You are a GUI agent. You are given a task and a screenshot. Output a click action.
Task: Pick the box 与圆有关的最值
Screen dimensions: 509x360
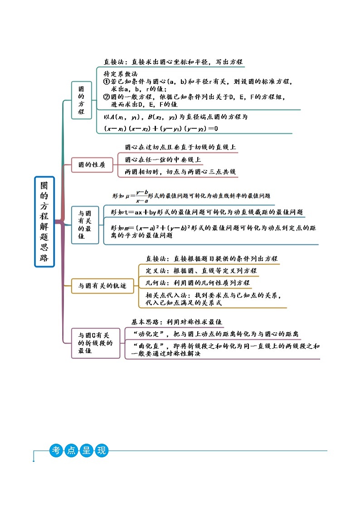pyautogui.click(x=85, y=225)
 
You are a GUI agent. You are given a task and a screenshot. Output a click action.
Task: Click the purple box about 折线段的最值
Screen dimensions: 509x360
pyautogui.click(x=94, y=343)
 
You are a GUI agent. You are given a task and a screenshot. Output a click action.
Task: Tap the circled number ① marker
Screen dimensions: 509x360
pyautogui.click(x=107, y=82)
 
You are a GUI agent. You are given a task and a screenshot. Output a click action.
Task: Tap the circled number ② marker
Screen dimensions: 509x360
pyautogui.click(x=107, y=97)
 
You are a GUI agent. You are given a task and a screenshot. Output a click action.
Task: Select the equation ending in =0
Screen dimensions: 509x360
pyautogui.click(x=161, y=129)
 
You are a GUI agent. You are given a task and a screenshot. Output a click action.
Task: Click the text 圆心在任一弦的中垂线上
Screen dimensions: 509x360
pyautogui.click(x=163, y=160)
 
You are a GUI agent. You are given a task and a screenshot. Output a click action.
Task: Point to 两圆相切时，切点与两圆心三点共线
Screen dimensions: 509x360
pyautogui.click(x=180, y=172)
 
